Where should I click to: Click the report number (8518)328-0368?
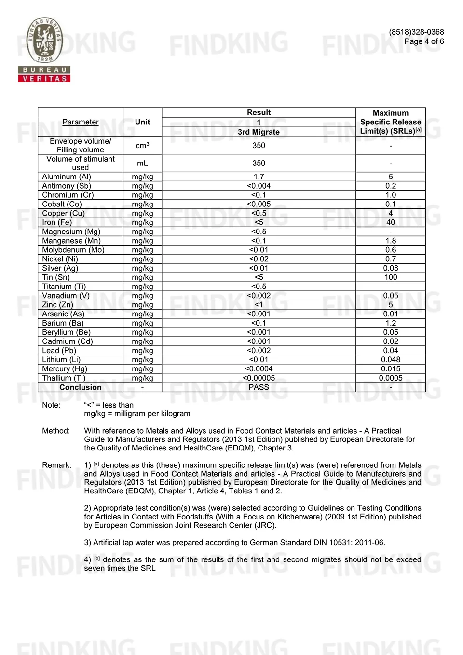(416, 32)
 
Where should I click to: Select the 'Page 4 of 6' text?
(424, 41)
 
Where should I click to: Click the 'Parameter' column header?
(81, 122)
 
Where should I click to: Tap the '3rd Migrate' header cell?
(259, 132)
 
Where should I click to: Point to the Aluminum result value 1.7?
(259, 177)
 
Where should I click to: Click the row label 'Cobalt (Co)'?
(62, 204)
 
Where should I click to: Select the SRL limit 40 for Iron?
(391, 222)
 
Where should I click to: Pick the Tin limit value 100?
(391, 277)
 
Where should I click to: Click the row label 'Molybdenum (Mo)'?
(73, 250)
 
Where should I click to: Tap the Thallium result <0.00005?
(259, 378)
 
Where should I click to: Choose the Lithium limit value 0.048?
(391, 360)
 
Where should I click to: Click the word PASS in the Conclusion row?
(259, 387)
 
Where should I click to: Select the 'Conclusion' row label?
(81, 387)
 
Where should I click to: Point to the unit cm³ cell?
(142, 146)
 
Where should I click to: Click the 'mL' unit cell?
(142, 164)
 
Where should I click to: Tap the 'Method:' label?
(56, 431)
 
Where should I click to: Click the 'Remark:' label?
(57, 465)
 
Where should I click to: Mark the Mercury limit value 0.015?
(391, 369)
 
